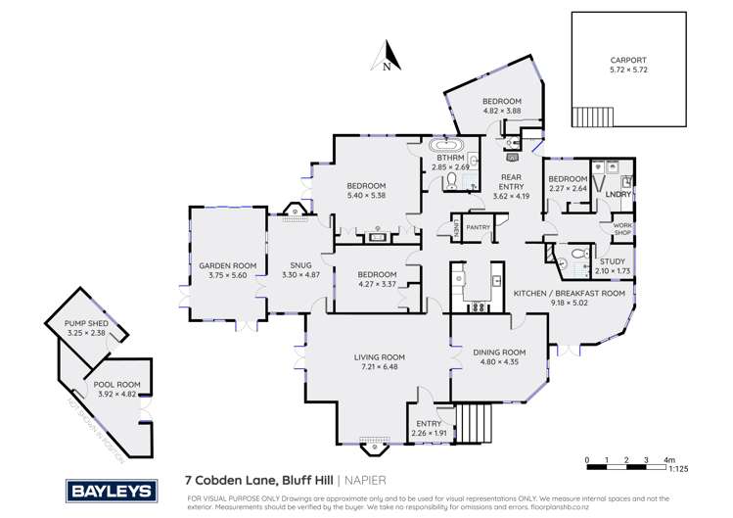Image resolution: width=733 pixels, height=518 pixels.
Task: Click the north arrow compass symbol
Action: tap(388, 56)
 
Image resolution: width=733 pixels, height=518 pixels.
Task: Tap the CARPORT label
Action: tap(628, 60)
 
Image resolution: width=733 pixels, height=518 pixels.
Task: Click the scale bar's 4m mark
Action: tap(668, 459)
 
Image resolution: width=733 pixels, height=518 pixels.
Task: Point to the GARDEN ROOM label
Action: tap(227, 265)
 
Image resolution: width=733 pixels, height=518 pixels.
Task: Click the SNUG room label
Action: tap(300, 265)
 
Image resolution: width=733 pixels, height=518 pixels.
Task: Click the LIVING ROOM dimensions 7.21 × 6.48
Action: tap(379, 368)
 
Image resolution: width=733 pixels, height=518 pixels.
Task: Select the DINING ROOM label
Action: tap(499, 353)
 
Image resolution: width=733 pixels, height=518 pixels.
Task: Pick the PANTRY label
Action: tap(479, 227)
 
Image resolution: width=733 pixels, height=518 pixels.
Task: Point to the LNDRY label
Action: tap(618, 196)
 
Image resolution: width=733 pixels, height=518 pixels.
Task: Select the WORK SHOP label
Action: tap(622, 229)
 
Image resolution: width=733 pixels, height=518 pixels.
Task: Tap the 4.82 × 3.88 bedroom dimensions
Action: tap(500, 112)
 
